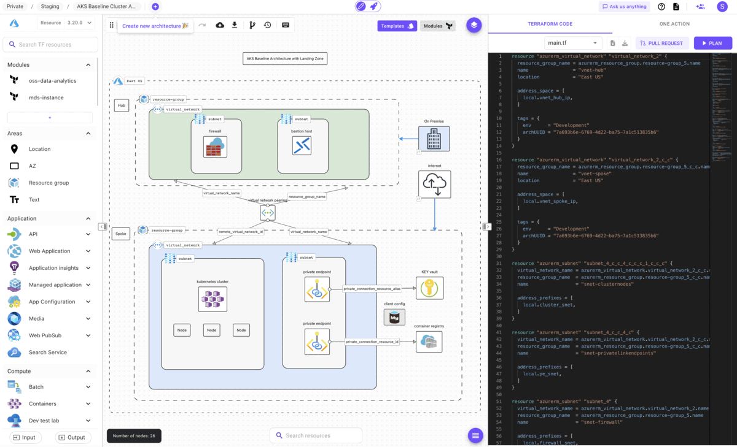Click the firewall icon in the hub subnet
coord(216,147)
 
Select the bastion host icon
coord(302,146)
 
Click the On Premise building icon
coord(434,139)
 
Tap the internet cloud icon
coord(434,184)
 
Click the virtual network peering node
coord(268,213)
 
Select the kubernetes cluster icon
coord(213,300)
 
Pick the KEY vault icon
coord(429,288)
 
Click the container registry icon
coord(429,342)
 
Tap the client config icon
coord(394,317)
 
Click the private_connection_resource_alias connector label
coord(372,288)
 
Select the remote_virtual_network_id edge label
coord(241,232)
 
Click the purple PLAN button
coord(712,43)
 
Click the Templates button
coord(397,26)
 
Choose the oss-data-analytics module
coord(52,80)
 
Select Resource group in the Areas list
coord(49,183)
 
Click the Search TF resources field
coord(50,44)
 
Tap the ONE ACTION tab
coord(674,24)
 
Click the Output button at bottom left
coord(72,437)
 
